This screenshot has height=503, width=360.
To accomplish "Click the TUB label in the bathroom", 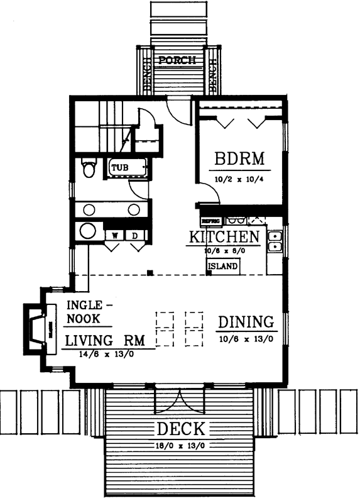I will coord(119,168).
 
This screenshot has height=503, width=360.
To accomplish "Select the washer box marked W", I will coord(115,235).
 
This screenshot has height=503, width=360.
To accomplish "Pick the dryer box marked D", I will coord(135,235).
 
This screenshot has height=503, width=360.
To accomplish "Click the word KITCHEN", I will coord(224,237).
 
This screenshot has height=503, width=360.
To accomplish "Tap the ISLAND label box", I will coord(222,266).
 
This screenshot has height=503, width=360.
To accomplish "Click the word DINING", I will coord(247,322).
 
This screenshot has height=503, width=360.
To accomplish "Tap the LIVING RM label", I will coord(105,340).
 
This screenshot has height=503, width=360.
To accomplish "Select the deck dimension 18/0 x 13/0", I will coord(180,445).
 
